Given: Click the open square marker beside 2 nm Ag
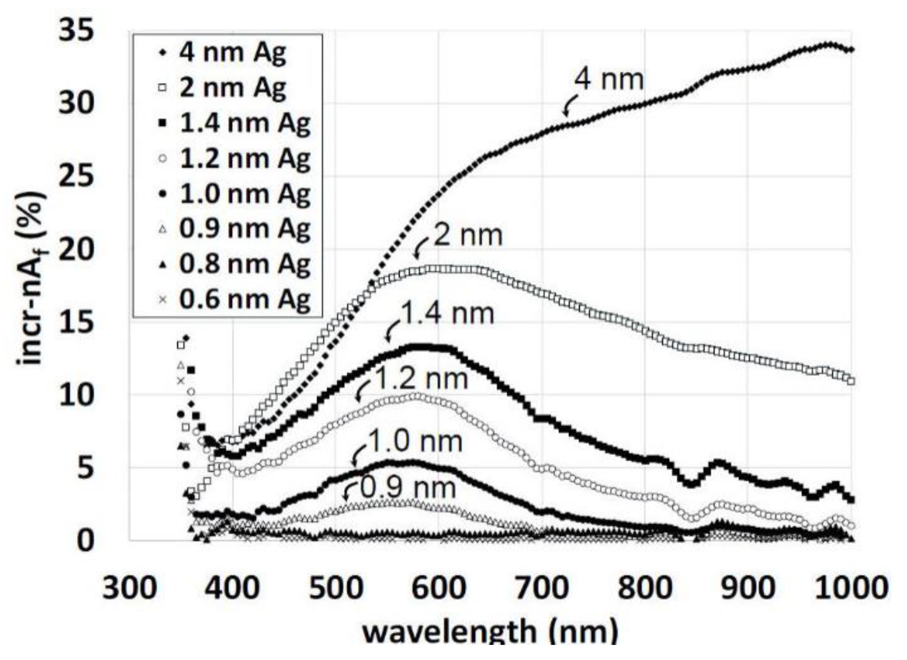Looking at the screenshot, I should click(162, 88).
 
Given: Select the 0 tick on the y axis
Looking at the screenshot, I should click(85, 541).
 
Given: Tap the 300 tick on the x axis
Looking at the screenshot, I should click(130, 588).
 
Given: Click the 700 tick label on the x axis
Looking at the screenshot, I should click(542, 588).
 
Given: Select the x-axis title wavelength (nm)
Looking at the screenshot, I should click(490, 633).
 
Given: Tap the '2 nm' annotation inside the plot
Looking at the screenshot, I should click(468, 236).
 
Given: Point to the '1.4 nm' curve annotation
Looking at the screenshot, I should click(448, 314).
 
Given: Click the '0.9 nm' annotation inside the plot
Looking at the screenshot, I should click(408, 487).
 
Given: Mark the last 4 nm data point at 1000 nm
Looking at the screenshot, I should click(851, 49).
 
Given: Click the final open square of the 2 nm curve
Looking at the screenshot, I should click(851, 380).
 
